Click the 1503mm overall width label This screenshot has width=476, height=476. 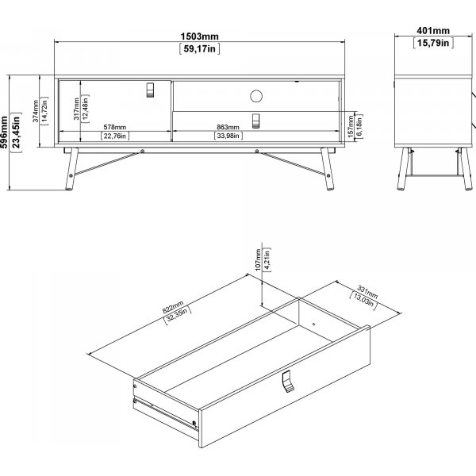click(199, 36)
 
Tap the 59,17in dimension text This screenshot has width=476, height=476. click(199, 48)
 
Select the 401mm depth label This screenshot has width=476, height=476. click(433, 31)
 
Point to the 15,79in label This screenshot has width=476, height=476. click(433, 43)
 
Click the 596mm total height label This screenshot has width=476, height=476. click(4, 132)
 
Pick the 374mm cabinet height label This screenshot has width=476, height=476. click(36, 111)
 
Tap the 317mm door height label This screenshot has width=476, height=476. click(76, 109)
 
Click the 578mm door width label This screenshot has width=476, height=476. click(115, 127)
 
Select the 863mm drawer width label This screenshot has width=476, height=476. click(228, 127)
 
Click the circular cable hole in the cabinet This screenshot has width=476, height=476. click(256, 96)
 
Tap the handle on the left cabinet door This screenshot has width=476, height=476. click(150, 90)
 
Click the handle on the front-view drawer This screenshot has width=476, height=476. click(256, 121)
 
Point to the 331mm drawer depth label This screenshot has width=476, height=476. click(367, 292)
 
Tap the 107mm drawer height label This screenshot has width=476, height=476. click(258, 260)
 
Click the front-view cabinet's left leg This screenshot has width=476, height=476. click(71, 169)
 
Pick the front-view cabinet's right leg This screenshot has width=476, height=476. click(328, 169)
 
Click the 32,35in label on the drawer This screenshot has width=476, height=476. click(178, 316)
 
